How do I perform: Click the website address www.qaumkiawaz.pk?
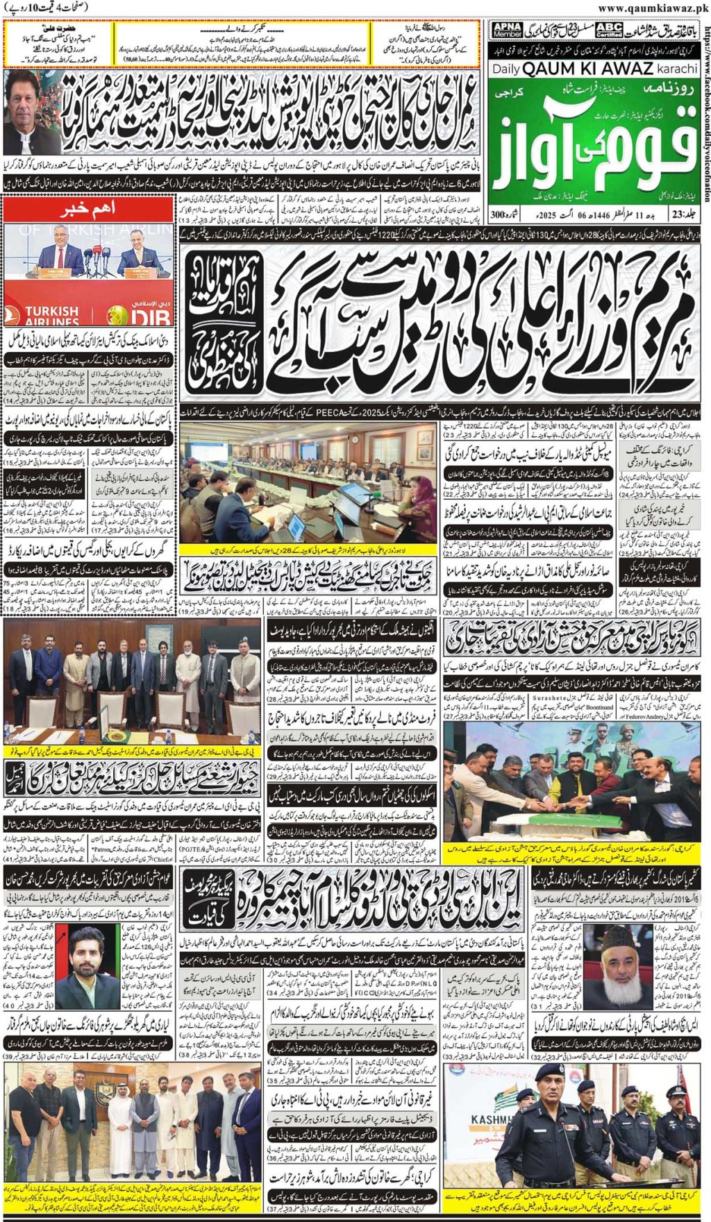[x=653, y=8]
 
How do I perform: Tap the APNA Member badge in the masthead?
[x=507, y=30]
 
